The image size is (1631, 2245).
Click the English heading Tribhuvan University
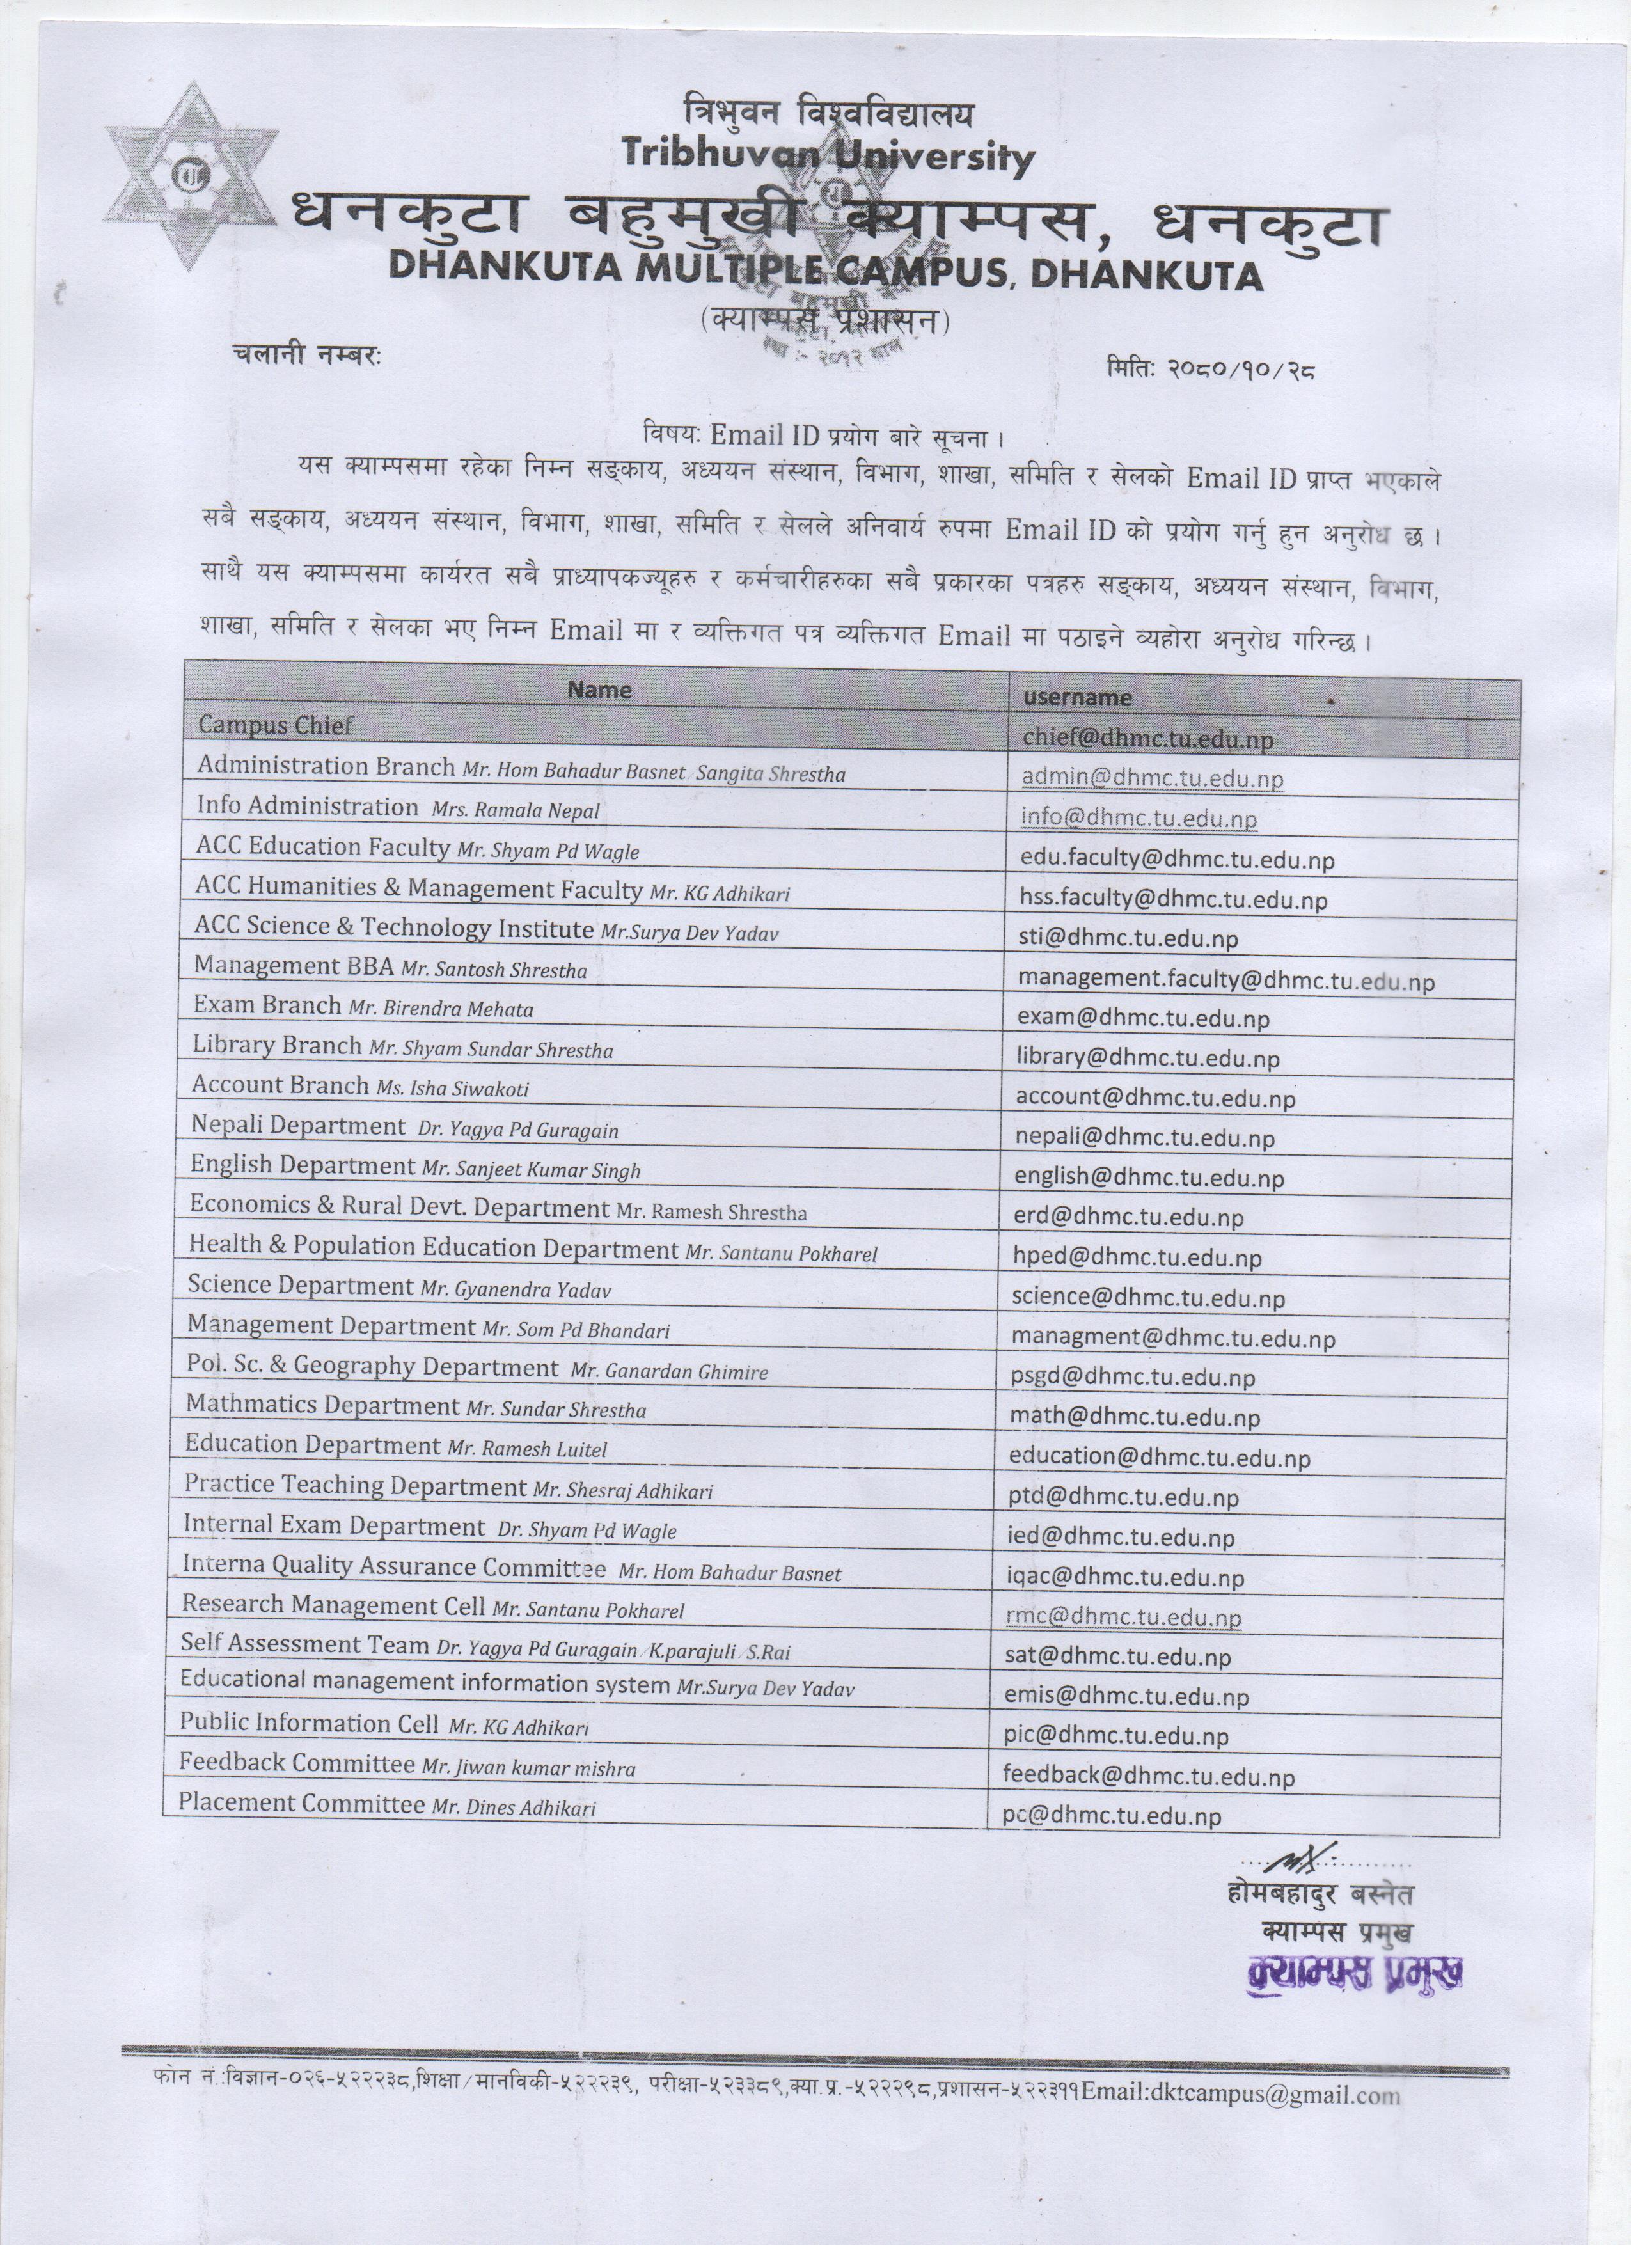[828, 154]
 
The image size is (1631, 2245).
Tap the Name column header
[599, 690]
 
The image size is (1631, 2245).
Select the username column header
[1078, 698]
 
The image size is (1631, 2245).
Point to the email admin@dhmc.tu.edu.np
[1152, 778]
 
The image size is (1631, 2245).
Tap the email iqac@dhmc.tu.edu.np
[1124, 1577]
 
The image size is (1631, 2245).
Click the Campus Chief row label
[275, 725]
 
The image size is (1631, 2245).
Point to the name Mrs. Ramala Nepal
[516, 811]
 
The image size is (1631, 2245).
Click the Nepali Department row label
[298, 1126]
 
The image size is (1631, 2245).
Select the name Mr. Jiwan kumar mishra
[528, 1768]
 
